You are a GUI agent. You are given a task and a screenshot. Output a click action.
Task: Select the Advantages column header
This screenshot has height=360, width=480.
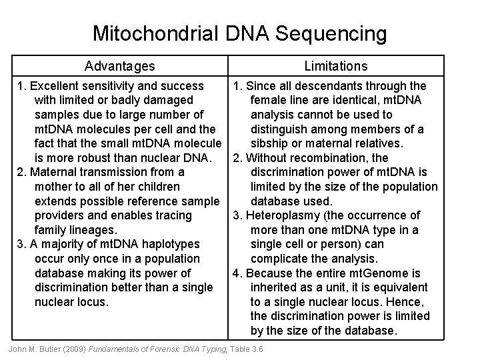120,66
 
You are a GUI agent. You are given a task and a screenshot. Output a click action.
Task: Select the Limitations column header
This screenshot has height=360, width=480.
335,66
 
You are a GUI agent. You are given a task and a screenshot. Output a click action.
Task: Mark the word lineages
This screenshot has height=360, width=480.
80,230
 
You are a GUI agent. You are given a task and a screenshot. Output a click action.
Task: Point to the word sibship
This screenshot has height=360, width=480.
271,143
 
